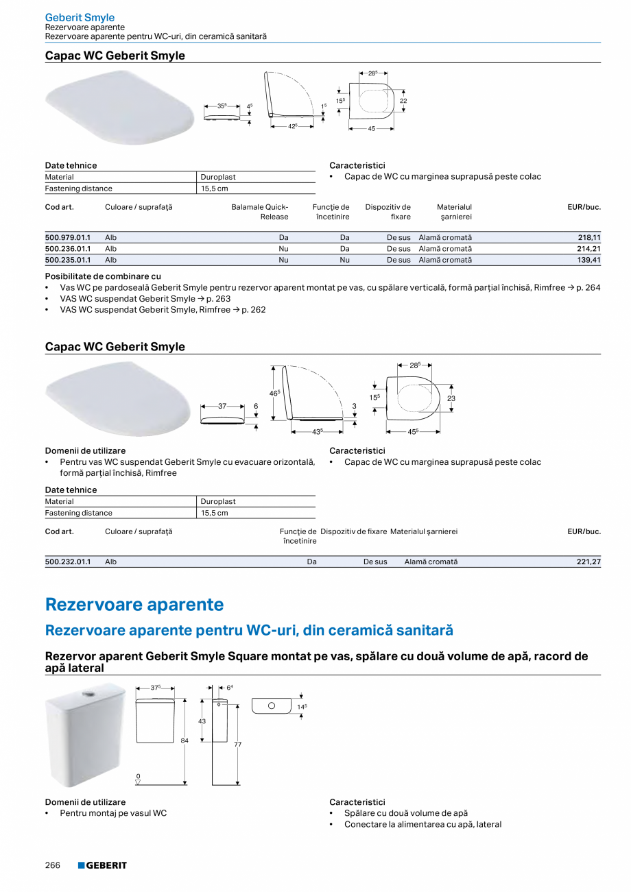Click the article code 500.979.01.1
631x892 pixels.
pos(68,237)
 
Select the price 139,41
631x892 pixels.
pos(588,260)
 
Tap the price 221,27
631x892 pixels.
pos(588,562)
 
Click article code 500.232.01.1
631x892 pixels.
pos(68,562)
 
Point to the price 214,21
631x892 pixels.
pos(588,249)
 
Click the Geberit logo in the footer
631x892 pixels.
pos(102,865)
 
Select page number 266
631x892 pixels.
pos(53,865)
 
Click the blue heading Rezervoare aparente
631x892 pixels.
pos(134,605)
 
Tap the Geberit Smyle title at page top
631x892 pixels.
pos(80,17)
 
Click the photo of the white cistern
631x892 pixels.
pos(85,734)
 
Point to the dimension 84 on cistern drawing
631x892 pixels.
pos(184,740)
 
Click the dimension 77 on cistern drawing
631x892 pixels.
pos(237,744)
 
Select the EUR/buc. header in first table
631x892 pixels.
pos(584,206)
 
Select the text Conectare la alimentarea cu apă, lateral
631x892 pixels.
pos(422,824)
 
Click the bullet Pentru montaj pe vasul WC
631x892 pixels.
pos(113,813)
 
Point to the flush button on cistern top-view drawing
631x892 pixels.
pos(271,705)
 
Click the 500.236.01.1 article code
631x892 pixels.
pos(68,249)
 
